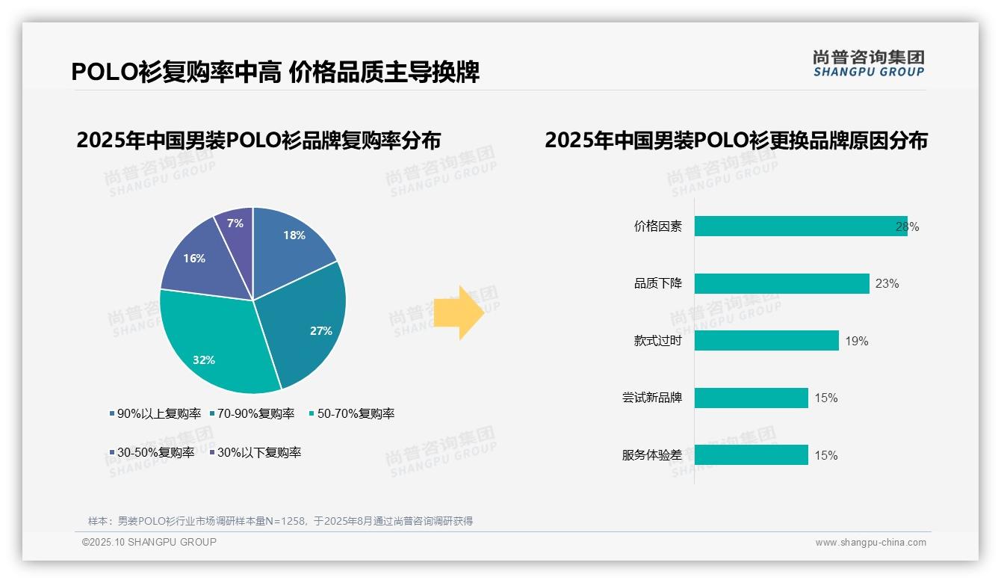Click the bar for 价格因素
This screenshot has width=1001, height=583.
click(x=799, y=226)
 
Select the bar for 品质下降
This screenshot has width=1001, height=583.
click(x=781, y=283)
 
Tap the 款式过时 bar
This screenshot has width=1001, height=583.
click(x=766, y=341)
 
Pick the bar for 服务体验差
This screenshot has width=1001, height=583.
click(x=751, y=455)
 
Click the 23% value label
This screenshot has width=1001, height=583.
click(x=887, y=284)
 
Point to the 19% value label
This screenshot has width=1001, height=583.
click(x=856, y=342)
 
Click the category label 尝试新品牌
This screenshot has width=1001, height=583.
click(x=652, y=398)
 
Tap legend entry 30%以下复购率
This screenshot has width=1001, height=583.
click(x=258, y=452)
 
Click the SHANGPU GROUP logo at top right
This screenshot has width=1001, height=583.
click(x=868, y=64)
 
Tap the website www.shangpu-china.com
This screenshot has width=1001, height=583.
click(x=870, y=543)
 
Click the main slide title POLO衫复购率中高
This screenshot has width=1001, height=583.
click(x=176, y=72)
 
